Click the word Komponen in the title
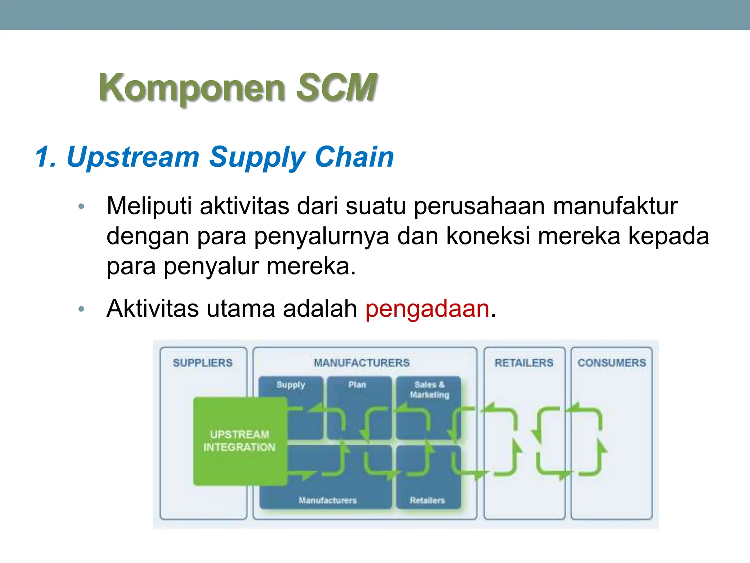(x=192, y=88)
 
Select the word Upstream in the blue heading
(x=133, y=157)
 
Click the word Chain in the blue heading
(x=354, y=157)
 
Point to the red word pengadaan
(x=427, y=309)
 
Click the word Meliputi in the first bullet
(x=149, y=206)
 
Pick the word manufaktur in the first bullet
(x=615, y=206)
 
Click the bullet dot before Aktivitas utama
(x=81, y=309)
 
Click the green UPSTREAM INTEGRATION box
(x=240, y=441)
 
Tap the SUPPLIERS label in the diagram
(x=203, y=363)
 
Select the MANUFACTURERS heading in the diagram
(x=361, y=363)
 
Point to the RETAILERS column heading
(x=524, y=363)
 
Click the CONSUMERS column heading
(x=612, y=363)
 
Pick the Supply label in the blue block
(x=291, y=385)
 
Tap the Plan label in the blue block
(x=357, y=385)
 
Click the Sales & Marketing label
(x=430, y=390)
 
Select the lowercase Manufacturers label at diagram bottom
(x=327, y=501)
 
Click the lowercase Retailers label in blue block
(x=427, y=501)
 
